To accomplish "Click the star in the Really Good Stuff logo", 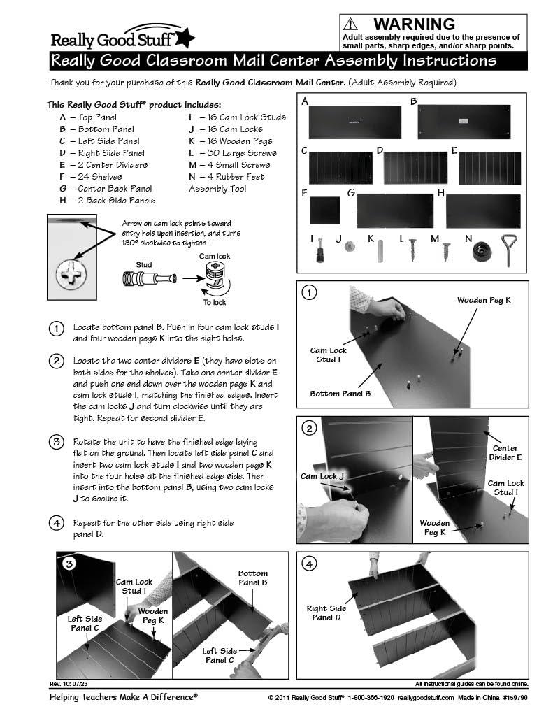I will click(187, 38).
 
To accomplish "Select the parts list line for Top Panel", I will click(88, 117).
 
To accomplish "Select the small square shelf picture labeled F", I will click(324, 210).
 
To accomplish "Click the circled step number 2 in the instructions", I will click(55, 361).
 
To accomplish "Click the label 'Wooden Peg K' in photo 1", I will click(484, 300).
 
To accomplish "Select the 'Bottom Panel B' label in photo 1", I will click(340, 394).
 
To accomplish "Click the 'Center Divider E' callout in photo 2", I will click(505, 452).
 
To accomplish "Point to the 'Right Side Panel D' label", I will click(327, 613).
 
